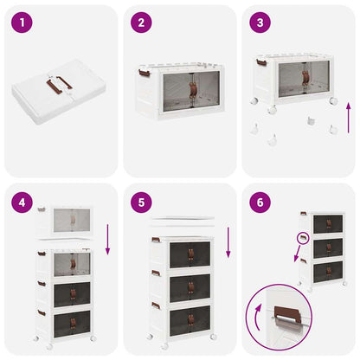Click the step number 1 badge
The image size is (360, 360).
click(21, 22)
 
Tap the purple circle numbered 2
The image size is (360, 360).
click(140, 22)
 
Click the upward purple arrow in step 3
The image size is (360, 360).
click(348, 116)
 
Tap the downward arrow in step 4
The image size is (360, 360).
click(108, 238)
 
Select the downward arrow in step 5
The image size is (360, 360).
click(228, 242)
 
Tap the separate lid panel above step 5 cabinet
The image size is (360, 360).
click(180, 222)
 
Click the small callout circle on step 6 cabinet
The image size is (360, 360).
click(304, 239)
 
